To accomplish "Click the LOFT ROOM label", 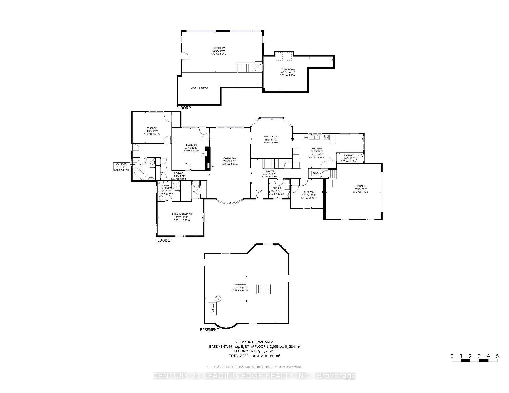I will click(218, 48).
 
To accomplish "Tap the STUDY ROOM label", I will click(288, 69).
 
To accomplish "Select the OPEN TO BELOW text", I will click(199, 88).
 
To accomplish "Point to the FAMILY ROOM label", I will click(230, 158).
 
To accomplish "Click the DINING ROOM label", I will click(271, 137).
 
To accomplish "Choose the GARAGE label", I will click(361, 186).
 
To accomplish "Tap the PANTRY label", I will click(317, 173).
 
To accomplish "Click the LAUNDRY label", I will click(276, 188).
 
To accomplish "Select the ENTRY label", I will click(259, 190).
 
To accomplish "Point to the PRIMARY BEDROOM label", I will click(182, 215).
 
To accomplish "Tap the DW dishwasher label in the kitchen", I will click(306, 137).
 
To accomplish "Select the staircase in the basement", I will click(263, 289).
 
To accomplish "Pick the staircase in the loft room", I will click(243, 68).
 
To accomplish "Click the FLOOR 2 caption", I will click(183, 108).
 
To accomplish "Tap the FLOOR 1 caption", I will click(163, 240).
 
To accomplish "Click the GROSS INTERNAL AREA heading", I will click(254, 342).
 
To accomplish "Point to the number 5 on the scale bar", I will click(497, 356).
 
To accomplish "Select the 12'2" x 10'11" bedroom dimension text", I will click(309, 195).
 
